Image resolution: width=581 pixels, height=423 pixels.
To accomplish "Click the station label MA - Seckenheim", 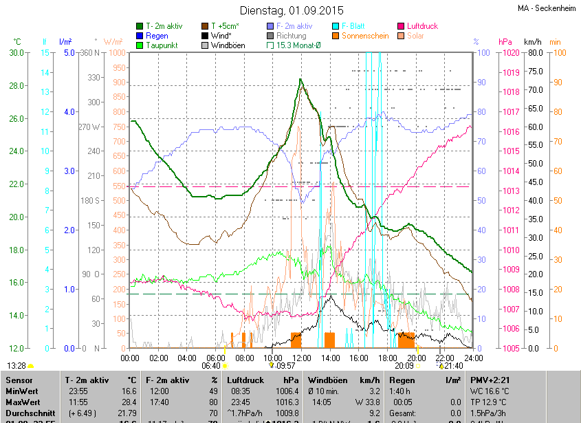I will (547, 8).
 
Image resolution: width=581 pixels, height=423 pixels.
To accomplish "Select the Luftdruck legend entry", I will (426, 26).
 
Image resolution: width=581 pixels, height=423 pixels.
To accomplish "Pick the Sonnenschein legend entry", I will (364, 36).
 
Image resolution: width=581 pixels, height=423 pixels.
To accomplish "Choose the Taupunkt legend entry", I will (162, 45).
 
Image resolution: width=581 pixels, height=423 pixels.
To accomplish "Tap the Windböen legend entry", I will (228, 45).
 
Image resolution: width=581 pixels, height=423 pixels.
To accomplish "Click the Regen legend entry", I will (157, 36).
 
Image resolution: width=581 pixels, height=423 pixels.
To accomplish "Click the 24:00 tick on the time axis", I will (471, 358).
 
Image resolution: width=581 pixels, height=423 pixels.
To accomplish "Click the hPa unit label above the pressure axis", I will (505, 42).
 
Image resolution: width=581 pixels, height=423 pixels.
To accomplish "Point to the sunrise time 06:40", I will (210, 367).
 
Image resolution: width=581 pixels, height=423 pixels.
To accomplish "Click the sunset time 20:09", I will (404, 367).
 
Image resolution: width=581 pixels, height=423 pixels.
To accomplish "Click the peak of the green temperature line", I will (300, 80).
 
